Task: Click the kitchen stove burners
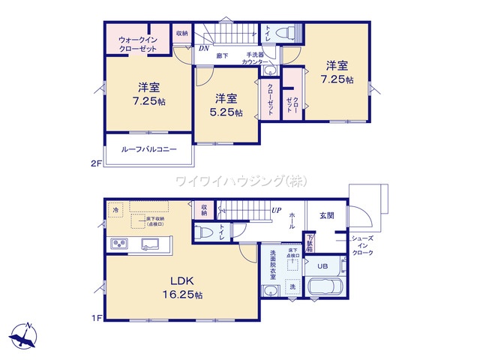(121, 244)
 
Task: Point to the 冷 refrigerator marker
(116, 210)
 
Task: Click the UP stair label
(277, 210)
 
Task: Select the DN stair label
(203, 49)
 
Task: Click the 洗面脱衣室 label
(274, 263)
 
